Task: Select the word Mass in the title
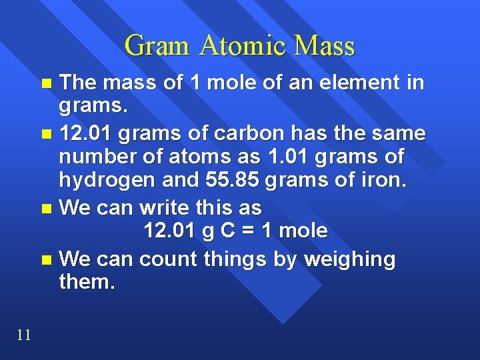click(325, 46)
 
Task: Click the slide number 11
click(23, 335)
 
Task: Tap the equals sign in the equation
click(246, 231)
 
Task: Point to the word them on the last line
click(87, 282)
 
